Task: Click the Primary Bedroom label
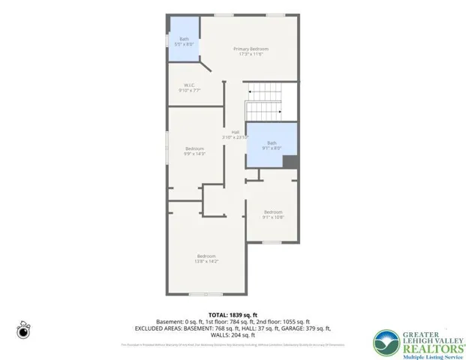click(x=250, y=52)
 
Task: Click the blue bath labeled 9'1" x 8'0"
click(x=272, y=145)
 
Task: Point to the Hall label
click(x=234, y=135)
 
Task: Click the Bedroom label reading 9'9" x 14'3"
click(x=194, y=151)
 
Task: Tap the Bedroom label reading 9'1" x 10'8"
click(x=272, y=214)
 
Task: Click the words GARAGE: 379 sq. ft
click(x=303, y=328)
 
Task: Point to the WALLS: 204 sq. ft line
click(x=233, y=335)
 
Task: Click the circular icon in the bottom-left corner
click(x=24, y=331)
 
